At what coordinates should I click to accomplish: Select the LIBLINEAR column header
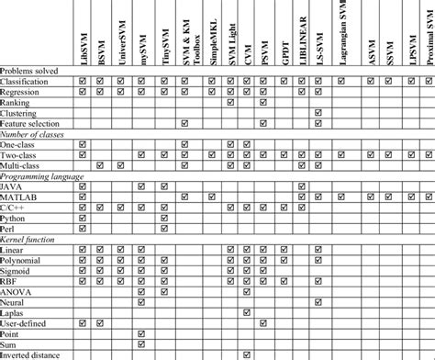300,41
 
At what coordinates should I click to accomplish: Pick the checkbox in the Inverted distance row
246,355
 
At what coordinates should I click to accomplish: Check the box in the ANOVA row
141,291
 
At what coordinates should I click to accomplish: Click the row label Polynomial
22,259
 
